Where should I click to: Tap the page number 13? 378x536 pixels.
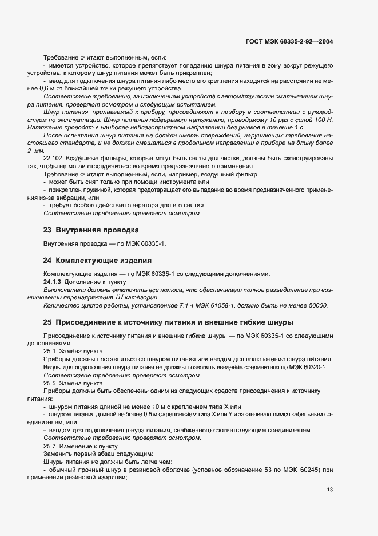click(330, 489)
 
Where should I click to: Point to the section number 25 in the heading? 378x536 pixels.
click(48, 322)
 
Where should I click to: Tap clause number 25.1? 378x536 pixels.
click(50, 350)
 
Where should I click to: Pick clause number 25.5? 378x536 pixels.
click(50, 383)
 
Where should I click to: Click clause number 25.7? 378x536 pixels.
click(50, 446)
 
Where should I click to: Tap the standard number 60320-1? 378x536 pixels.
click(313, 367)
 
